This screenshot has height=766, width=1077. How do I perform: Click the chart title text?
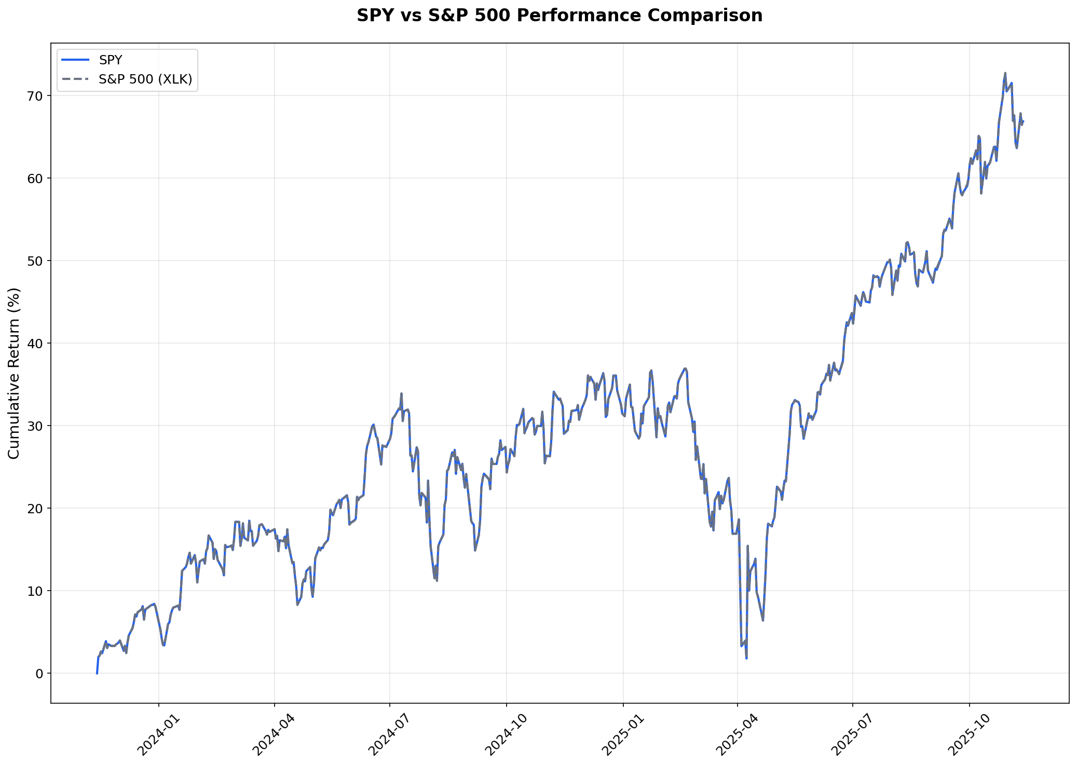pyautogui.click(x=560, y=16)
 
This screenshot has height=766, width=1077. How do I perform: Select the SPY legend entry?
pyautogui.click(x=111, y=60)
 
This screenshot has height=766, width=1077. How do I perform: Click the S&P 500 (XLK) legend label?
pyautogui.click(x=145, y=79)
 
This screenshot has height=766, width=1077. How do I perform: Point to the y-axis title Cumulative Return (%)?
pyautogui.click(x=14, y=373)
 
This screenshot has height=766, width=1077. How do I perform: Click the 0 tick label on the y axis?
pyautogui.click(x=40, y=674)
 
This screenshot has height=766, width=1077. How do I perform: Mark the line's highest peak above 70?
pyautogui.click(x=1005, y=73)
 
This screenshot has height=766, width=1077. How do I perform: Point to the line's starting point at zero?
pyautogui.click(x=97, y=673)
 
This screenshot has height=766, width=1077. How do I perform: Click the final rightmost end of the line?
pyautogui.click(x=1023, y=121)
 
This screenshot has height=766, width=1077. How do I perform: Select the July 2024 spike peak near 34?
pyautogui.click(x=401, y=393)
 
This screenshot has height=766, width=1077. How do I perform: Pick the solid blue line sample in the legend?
pyautogui.click(x=75, y=60)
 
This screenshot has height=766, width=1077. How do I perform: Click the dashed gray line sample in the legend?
pyautogui.click(x=75, y=79)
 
